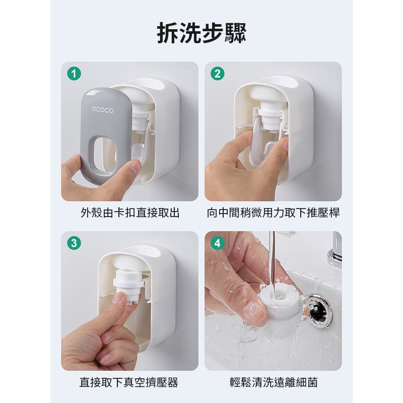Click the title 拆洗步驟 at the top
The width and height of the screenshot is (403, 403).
[x=202, y=33]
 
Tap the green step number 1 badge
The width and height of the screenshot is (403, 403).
[x=74, y=74]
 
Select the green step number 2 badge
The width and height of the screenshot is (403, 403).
[x=218, y=74]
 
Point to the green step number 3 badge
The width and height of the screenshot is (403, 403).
[x=74, y=243]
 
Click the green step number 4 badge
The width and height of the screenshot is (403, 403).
[x=218, y=243]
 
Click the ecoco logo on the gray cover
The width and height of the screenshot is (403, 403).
[x=103, y=110]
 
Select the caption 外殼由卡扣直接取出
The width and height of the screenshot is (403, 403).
[x=130, y=213]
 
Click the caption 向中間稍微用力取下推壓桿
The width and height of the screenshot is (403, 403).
[x=273, y=213]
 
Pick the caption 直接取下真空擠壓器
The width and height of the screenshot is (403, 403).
[x=129, y=382]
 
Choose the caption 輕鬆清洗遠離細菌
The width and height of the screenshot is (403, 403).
[x=274, y=382]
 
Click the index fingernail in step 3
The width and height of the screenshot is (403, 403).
[x=118, y=299]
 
